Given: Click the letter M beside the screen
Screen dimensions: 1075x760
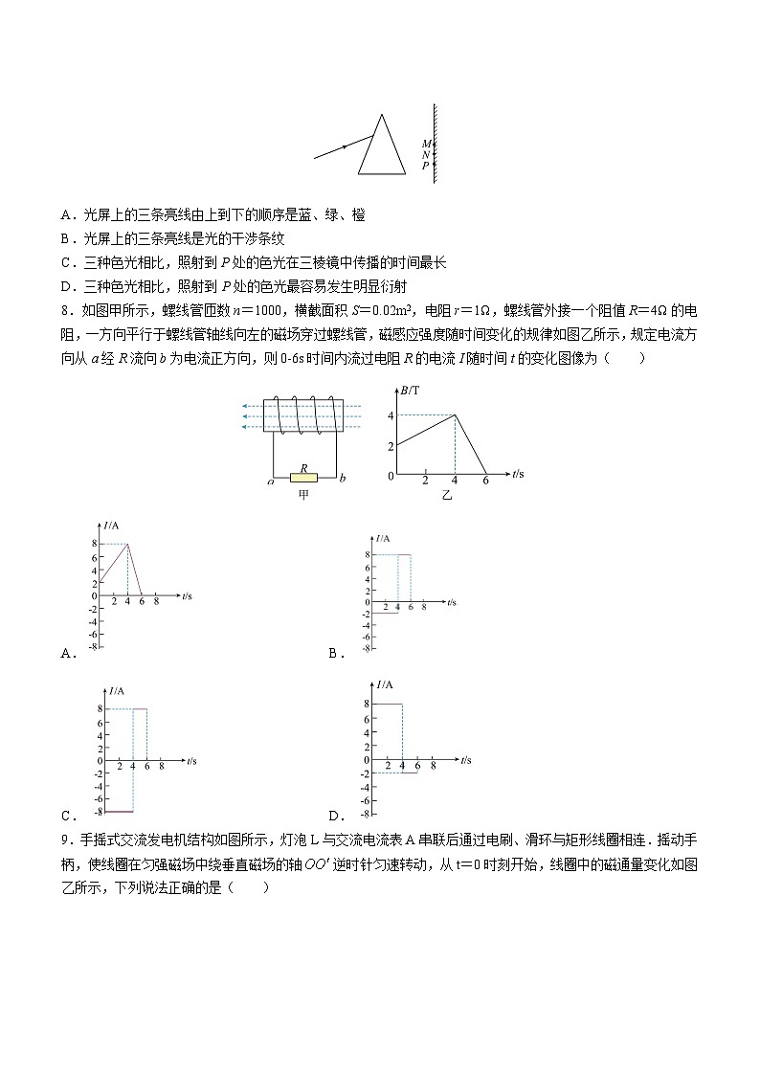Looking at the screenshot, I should coord(426,145).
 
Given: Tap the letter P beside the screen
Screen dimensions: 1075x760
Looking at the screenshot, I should coord(426,166).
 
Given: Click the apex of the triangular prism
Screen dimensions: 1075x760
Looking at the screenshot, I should coord(383,116).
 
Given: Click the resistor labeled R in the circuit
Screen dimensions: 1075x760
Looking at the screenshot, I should coord(303,476).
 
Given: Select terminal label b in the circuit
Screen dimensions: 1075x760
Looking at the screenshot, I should coord(343,477).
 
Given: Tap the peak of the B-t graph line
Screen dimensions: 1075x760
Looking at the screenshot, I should coord(455,414).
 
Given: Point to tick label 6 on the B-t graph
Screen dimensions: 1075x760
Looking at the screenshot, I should coord(484,482).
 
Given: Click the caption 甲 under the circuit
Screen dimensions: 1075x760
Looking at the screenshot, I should coord(304,495).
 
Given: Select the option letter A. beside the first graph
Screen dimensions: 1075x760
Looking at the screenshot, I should coord(68,654).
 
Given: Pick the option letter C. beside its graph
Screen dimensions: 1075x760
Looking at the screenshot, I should coord(68,817).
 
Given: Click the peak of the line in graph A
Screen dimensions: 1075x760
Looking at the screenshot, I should coord(127,544).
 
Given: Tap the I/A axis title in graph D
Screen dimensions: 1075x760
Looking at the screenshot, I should coord(385,684).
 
